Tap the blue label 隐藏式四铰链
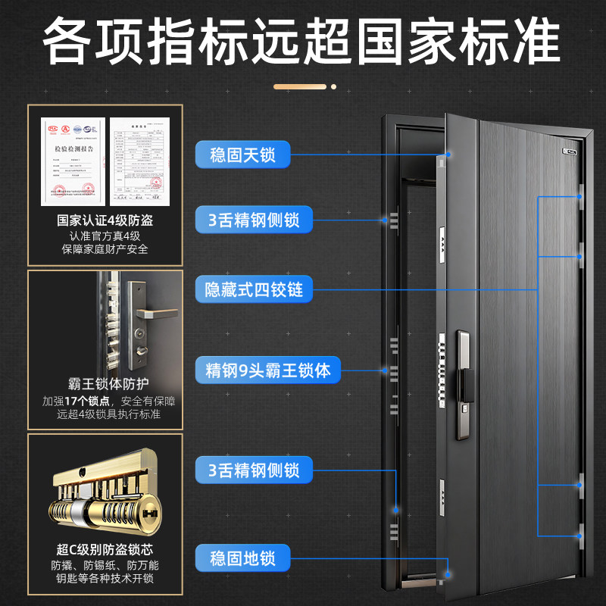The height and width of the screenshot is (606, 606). (x=255, y=289)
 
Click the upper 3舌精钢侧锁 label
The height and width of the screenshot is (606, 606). (x=253, y=220)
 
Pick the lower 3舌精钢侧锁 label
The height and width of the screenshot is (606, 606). (x=253, y=470)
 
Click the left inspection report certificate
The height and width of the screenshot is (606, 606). (x=74, y=161)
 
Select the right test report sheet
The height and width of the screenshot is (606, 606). (x=139, y=161)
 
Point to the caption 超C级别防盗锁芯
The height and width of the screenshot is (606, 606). (x=105, y=548)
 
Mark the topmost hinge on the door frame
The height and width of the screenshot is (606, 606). (x=580, y=196)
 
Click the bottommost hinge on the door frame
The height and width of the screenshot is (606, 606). (x=580, y=534)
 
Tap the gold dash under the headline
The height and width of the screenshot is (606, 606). (x=303, y=86)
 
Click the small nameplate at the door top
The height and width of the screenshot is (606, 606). (x=570, y=149)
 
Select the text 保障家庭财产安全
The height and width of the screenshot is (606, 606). (x=105, y=249)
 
